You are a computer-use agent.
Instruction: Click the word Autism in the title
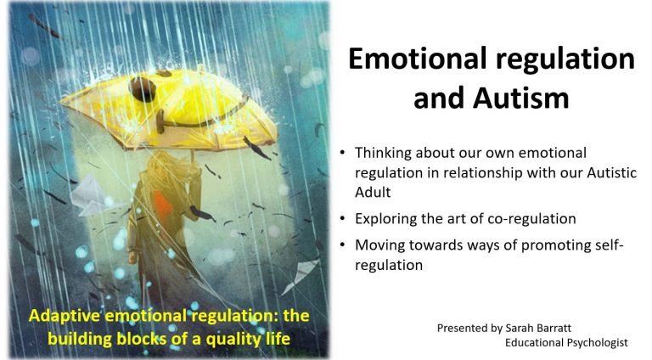(521, 98)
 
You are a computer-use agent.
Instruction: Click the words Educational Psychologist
(566, 342)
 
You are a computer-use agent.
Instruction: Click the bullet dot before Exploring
(342, 219)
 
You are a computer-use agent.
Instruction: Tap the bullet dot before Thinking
(342, 153)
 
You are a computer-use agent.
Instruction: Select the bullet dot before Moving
(342, 245)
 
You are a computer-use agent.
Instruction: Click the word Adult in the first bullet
(373, 192)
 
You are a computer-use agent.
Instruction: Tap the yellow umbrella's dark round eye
(143, 89)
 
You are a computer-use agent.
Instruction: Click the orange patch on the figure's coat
(161, 205)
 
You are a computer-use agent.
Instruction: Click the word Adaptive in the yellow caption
(64, 316)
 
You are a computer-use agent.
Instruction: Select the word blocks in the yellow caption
(142, 339)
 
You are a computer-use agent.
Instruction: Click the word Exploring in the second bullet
(385, 219)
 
